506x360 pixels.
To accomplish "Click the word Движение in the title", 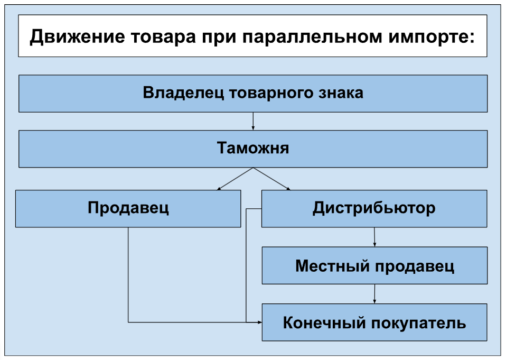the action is tap(77, 37).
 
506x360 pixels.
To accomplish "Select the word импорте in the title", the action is tap(432, 37).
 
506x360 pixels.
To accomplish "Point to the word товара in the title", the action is tap(163, 37).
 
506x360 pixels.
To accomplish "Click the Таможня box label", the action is tap(252, 148).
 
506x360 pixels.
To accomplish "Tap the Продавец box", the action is tap(128, 209).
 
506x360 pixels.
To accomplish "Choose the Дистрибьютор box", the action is tap(374, 209).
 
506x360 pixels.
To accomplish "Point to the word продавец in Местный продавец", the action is tap(415, 266).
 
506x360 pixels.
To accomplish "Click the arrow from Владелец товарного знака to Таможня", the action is tap(253, 121).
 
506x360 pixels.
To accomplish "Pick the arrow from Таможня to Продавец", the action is tap(235, 179).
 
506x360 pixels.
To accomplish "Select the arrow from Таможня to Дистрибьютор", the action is tap(271, 179).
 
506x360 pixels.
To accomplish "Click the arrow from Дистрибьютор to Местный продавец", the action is tap(374, 237).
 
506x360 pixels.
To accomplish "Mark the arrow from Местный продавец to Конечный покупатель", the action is tap(374, 294).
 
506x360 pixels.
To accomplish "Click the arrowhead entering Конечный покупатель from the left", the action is tap(260, 322).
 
